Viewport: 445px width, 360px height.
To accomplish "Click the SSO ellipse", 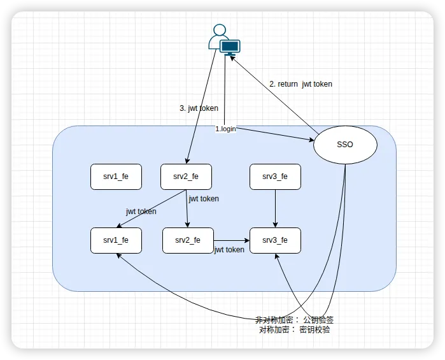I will [345, 145].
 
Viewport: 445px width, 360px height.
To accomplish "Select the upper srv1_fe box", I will [116, 176].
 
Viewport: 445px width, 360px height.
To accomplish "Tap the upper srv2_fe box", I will [186, 176].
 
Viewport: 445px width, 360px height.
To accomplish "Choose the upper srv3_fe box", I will [275, 176].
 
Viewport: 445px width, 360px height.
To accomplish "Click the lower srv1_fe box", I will [116, 240].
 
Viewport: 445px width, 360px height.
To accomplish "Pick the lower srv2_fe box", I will [188, 240].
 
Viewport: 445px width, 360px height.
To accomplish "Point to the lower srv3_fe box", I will [275, 240].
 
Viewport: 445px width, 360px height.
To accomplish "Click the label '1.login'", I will [225, 129].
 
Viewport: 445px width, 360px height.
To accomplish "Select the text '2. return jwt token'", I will [300, 83].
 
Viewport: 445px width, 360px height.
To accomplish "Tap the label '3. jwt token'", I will [199, 108].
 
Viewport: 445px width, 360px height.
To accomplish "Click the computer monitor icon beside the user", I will [229, 47].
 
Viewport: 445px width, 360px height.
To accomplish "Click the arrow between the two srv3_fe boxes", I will [275, 208].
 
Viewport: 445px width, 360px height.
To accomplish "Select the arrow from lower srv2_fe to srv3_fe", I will [231, 240].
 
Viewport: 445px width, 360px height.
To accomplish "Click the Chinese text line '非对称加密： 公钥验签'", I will [294, 320].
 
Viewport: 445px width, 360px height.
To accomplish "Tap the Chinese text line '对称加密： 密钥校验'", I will [294, 330].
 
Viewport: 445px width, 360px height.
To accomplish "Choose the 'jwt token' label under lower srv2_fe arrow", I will [229, 250].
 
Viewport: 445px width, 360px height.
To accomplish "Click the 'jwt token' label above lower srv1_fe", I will [141, 212].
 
